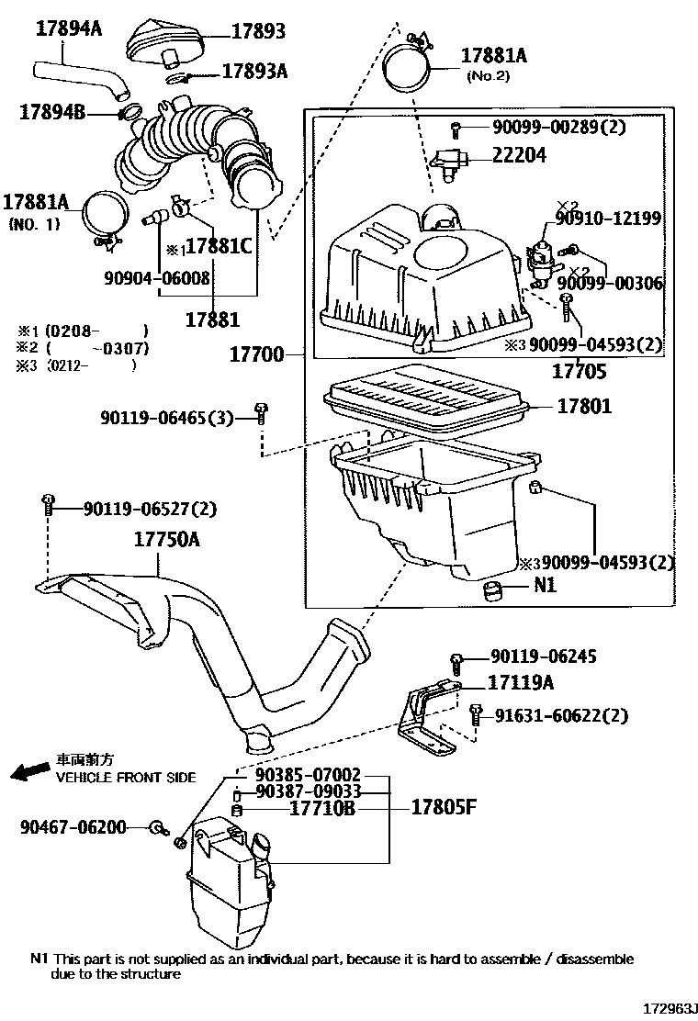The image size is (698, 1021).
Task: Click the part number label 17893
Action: point(258,32)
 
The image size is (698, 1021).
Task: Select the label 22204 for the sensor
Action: point(519,155)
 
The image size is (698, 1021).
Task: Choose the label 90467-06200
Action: point(73,827)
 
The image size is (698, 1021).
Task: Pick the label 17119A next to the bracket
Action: point(522,683)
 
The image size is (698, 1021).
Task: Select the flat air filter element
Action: point(424,401)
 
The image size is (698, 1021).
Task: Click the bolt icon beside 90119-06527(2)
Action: point(46,503)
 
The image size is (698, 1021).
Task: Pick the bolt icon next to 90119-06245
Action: point(456,658)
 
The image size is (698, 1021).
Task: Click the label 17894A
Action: point(69,28)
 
